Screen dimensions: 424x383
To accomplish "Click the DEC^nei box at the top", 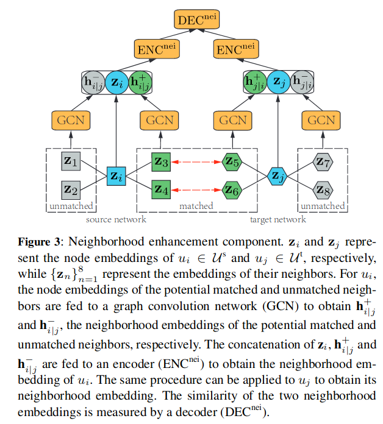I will click(x=196, y=18).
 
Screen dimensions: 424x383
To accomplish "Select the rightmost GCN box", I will click(x=321, y=120).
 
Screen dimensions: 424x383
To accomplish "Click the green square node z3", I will click(x=161, y=162).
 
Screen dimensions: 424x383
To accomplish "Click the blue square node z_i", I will click(x=115, y=177).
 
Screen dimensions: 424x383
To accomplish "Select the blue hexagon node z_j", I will click(x=277, y=177).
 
